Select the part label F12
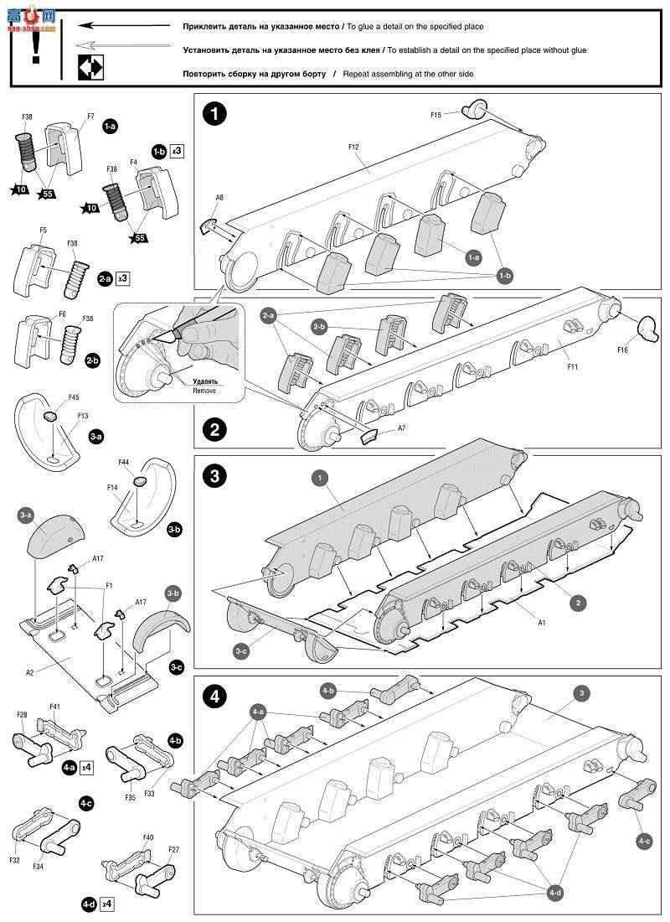tap(353, 147)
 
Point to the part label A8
tap(219, 198)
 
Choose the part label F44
tap(124, 462)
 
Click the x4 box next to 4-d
tap(106, 904)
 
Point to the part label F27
tap(173, 849)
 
